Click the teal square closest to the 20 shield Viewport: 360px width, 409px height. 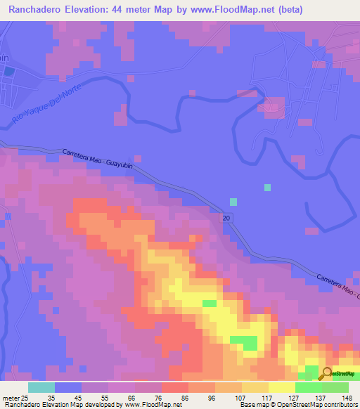tap(233, 202)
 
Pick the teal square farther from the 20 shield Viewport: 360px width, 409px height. tap(267, 187)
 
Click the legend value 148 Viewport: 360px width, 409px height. tap(347, 398)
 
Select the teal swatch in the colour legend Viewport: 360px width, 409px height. tap(41, 387)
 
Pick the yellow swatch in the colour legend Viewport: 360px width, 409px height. tap(281, 387)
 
